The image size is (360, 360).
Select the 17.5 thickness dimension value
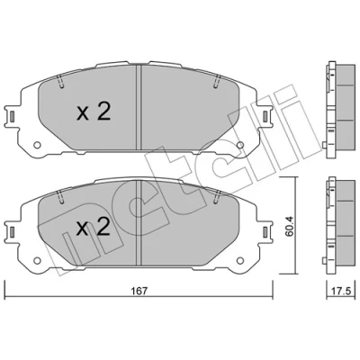[342, 292]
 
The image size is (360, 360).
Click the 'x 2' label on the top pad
[94, 112]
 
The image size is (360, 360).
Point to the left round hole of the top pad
[37, 145]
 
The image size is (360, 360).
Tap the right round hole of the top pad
[240, 145]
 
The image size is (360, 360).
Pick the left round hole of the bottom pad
[37, 260]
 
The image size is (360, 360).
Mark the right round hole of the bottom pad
[240, 260]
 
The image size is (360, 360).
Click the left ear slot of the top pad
[12, 116]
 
